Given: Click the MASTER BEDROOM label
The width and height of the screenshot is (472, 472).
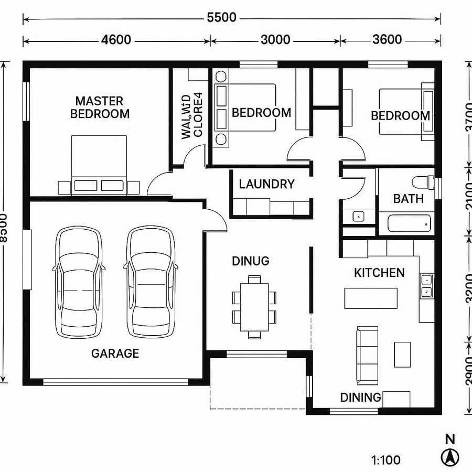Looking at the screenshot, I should pyautogui.click(x=100, y=107).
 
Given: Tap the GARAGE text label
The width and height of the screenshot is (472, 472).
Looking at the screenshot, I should pyautogui.click(x=115, y=353).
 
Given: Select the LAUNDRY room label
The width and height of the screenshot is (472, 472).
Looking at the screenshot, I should pyautogui.click(x=266, y=184).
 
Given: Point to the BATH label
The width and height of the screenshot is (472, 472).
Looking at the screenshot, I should pyautogui.click(x=409, y=199).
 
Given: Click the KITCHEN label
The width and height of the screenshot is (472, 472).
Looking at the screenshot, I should pyautogui.click(x=379, y=273).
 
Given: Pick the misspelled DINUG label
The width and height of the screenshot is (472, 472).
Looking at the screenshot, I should pyautogui.click(x=251, y=261).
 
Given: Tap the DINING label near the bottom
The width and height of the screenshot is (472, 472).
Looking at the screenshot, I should pyautogui.click(x=360, y=398).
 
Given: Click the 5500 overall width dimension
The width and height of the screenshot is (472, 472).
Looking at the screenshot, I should pyautogui.click(x=221, y=18).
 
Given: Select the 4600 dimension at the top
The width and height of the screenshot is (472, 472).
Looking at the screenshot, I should pyautogui.click(x=116, y=40).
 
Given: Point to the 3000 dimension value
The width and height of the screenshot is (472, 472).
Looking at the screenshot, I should pyautogui.click(x=275, y=40).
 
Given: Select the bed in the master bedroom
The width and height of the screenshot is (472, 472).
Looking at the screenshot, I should pyautogui.click(x=99, y=165).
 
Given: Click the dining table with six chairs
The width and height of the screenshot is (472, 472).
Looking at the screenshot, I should pyautogui.click(x=254, y=306).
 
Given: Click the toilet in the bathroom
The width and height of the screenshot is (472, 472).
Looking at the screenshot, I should pyautogui.click(x=422, y=183).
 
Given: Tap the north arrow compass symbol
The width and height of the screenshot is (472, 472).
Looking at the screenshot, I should pyautogui.click(x=449, y=457).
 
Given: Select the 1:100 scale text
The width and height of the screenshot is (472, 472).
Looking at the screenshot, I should pyautogui.click(x=386, y=461).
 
